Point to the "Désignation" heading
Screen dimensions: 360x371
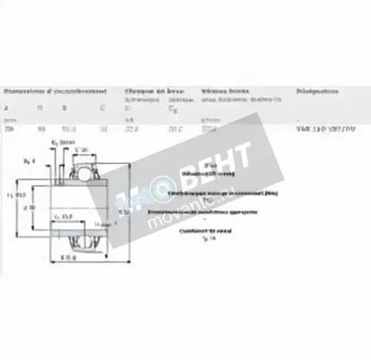317,91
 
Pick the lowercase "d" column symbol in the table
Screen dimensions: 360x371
7,108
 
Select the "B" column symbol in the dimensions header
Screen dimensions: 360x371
65,108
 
